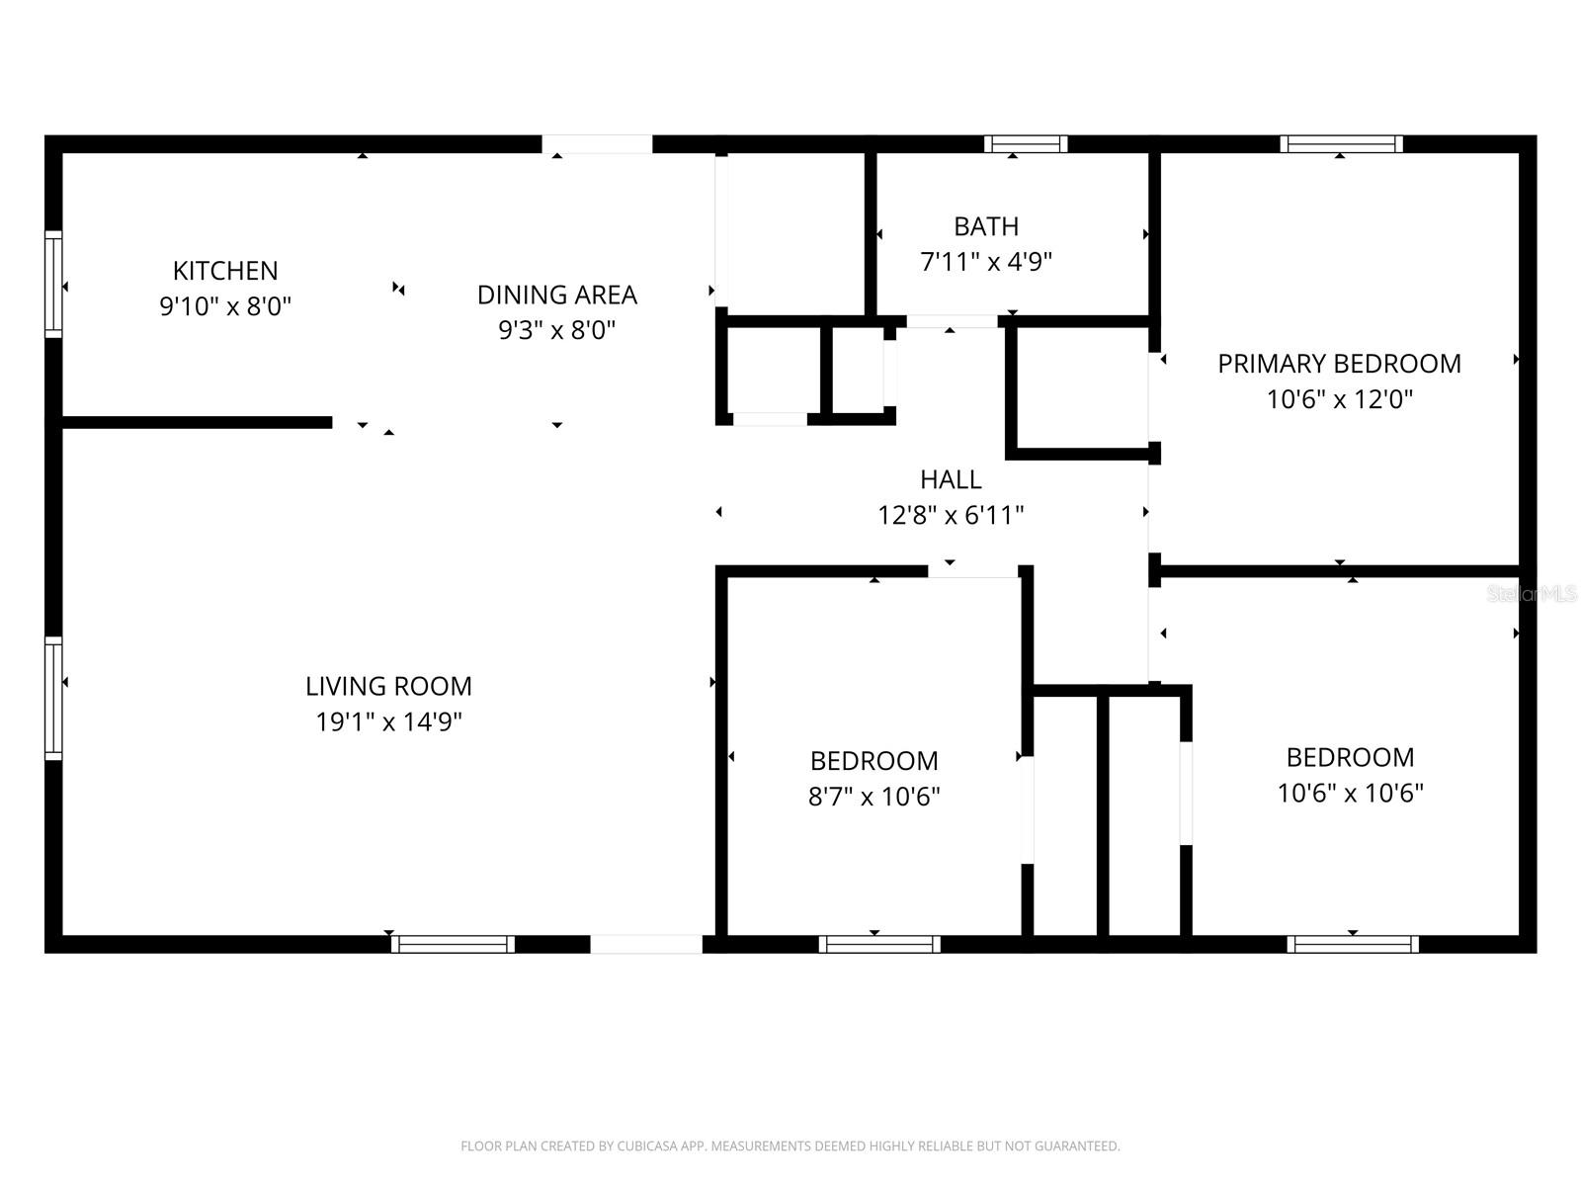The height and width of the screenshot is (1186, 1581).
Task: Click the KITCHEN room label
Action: coord(225,270)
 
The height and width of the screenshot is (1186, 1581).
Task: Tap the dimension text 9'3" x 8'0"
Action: coord(556,330)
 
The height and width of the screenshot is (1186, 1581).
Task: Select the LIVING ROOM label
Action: coord(388,686)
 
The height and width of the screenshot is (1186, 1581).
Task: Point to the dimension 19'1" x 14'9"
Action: coord(388,722)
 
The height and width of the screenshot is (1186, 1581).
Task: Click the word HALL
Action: coord(951,479)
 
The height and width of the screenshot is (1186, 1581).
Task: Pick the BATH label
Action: coord(986,226)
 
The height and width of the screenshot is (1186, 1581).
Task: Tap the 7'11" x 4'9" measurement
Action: coord(986,262)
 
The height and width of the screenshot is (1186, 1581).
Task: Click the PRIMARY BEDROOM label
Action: coord(1339,364)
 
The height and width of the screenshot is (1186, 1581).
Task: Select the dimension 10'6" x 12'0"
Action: coord(1339,399)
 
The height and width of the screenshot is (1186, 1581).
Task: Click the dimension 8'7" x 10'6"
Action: coord(874,797)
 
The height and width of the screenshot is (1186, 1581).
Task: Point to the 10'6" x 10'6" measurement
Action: coord(1350,793)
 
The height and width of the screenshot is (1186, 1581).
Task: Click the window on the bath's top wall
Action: coord(1026,144)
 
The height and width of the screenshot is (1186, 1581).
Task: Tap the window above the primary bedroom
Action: coord(1341,144)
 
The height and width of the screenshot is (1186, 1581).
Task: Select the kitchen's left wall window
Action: coord(53,285)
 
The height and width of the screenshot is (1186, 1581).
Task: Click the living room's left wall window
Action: coord(53,699)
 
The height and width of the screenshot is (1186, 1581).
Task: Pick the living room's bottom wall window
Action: coord(453,944)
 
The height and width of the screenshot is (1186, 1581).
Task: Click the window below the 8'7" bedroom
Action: coord(879,944)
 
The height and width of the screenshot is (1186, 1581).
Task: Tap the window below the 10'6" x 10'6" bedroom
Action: coord(1353,944)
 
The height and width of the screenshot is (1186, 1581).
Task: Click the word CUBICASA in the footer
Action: coord(648,1146)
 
